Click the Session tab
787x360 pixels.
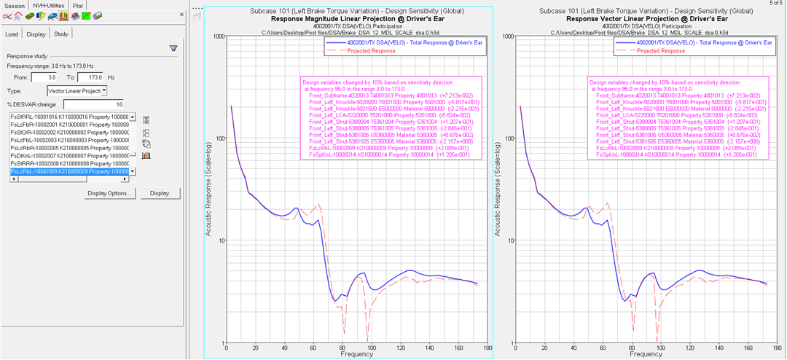coord(15,5)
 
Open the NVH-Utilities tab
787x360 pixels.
coord(49,5)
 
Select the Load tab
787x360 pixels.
coord(12,34)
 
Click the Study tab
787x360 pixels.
coord(61,34)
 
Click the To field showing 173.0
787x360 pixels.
coord(90,77)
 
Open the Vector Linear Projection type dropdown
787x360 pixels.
coord(77,91)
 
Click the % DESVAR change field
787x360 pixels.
coord(93,104)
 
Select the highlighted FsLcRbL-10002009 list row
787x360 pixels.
coord(69,172)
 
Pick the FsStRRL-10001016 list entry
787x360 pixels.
coord(69,117)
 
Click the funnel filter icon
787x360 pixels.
coord(173,48)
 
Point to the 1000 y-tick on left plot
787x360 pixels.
coord(216,36)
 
